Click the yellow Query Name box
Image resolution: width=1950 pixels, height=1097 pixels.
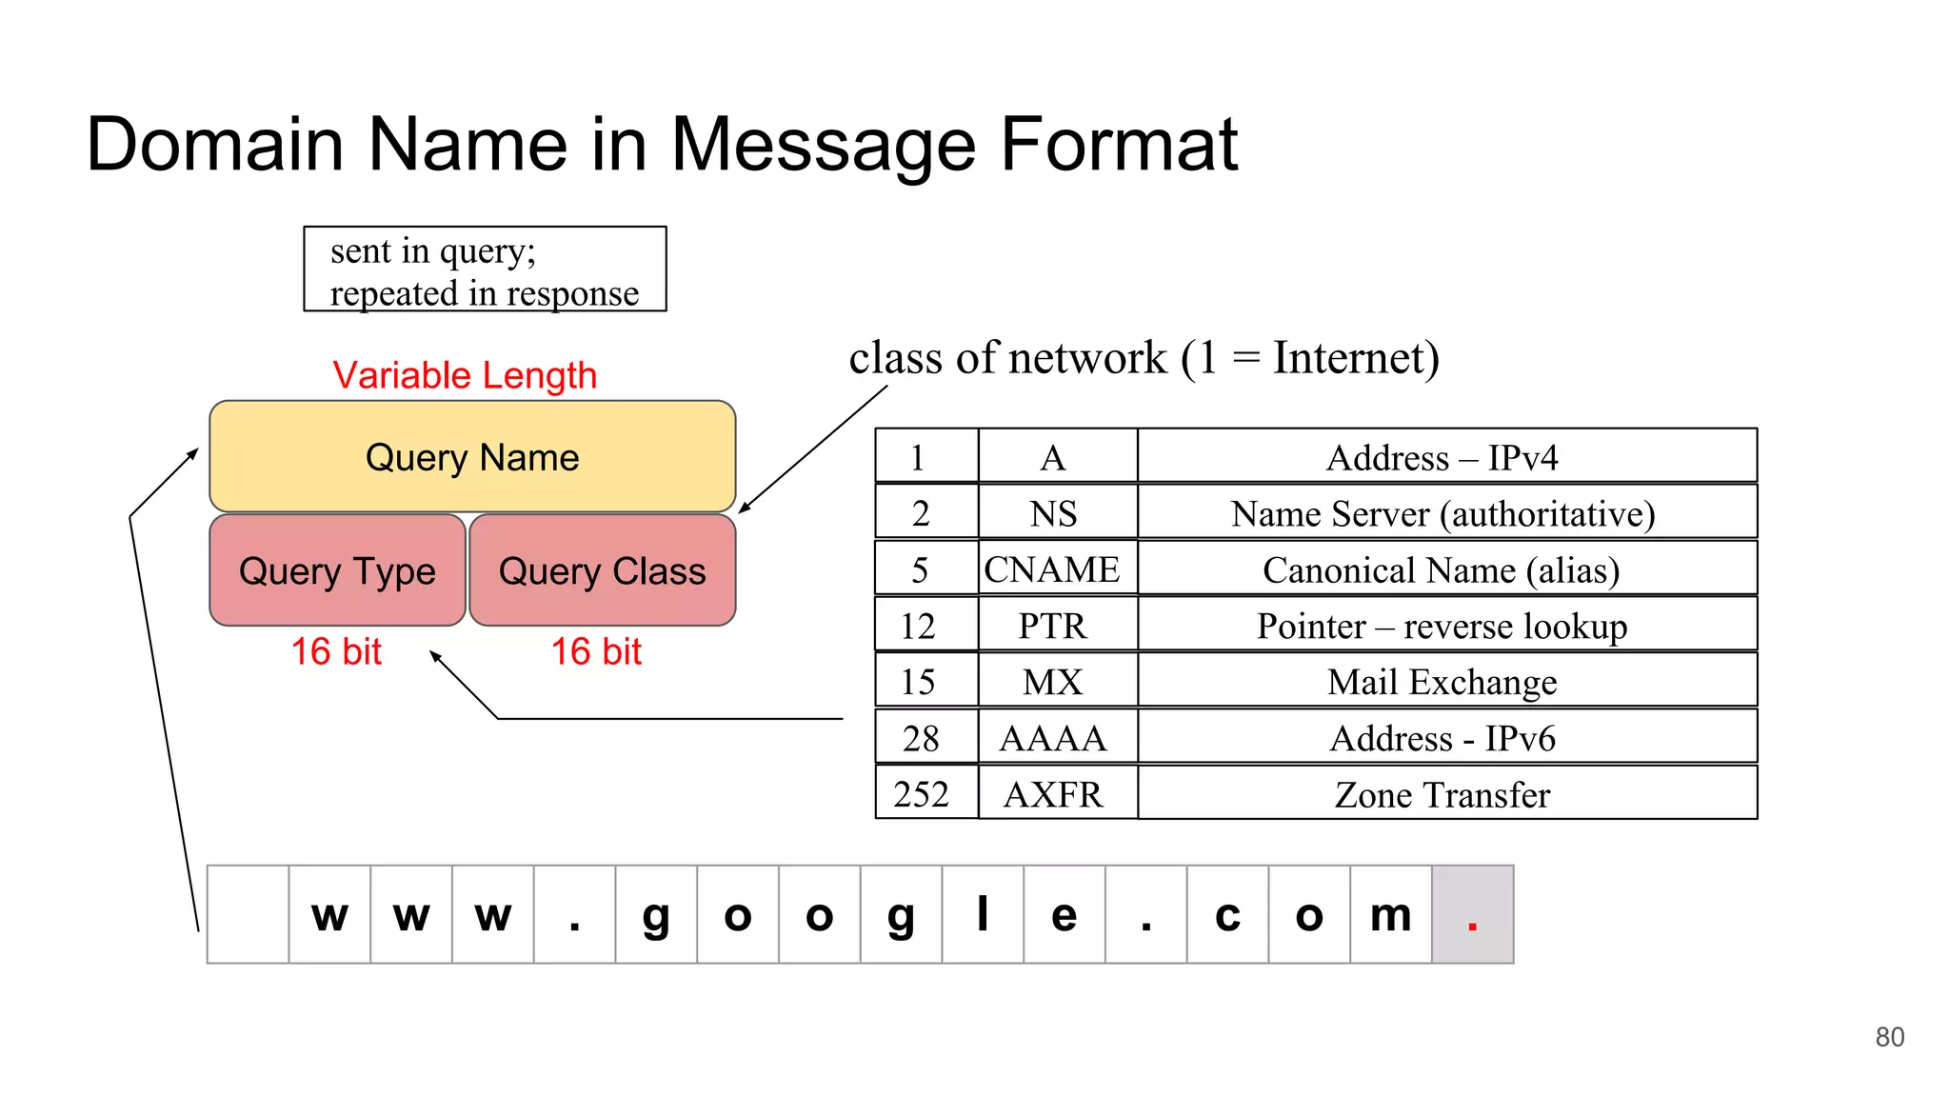pyautogui.click(x=472, y=457)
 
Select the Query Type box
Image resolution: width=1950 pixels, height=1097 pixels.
pyautogui.click(x=337, y=570)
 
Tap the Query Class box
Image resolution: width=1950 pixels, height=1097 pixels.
pyautogui.click(x=603, y=570)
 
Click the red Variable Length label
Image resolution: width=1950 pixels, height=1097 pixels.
pyautogui.click(x=465, y=375)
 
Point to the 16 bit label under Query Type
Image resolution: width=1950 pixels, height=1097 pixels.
pyautogui.click(x=336, y=652)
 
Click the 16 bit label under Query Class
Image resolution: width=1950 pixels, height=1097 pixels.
pyautogui.click(x=597, y=652)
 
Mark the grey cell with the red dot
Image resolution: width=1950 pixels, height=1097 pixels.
pyautogui.click(x=1472, y=915)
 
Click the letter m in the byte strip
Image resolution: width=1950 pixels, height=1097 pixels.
pyautogui.click(x=1390, y=915)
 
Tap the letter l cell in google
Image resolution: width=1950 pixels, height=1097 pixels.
pyautogui.click(x=983, y=915)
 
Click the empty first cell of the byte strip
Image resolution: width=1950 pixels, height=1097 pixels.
pyautogui.click(x=248, y=915)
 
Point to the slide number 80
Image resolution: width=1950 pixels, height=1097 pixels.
pyautogui.click(x=1889, y=1037)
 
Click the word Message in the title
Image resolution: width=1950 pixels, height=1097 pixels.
pyautogui.click(x=825, y=145)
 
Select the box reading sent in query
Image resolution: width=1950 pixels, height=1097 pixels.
pyautogui.click(x=485, y=269)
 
